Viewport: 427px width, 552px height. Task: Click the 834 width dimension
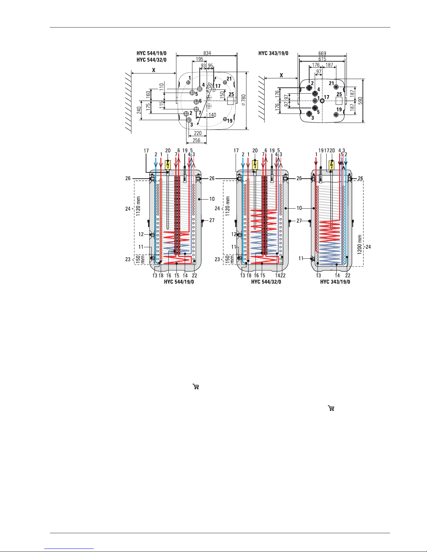click(x=207, y=53)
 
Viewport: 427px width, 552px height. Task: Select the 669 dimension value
click(x=322, y=53)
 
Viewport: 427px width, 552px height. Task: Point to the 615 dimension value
click(x=322, y=59)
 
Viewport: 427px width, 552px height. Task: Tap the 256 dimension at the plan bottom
click(x=197, y=140)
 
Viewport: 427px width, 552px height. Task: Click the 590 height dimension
click(x=360, y=101)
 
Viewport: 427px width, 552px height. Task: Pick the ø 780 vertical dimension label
click(x=244, y=100)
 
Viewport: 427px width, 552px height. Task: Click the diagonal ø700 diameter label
click(x=209, y=87)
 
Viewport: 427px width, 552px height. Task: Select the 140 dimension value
click(x=212, y=115)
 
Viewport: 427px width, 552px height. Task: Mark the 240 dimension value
click(x=139, y=110)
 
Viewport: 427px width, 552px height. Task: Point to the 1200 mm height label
click(x=359, y=244)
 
